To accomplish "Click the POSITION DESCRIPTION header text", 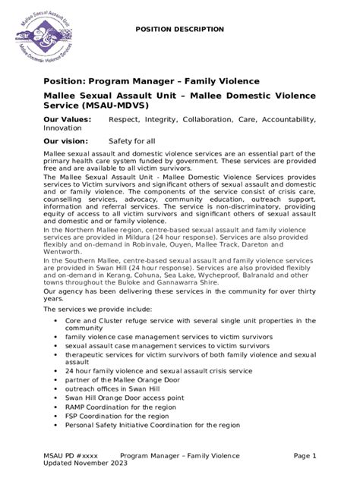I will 179,29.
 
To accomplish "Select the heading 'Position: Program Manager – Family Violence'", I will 152,81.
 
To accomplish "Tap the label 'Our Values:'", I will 68,120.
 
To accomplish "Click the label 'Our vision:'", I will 67,141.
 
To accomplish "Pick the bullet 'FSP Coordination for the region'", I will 118,416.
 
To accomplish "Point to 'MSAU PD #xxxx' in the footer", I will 71,455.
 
